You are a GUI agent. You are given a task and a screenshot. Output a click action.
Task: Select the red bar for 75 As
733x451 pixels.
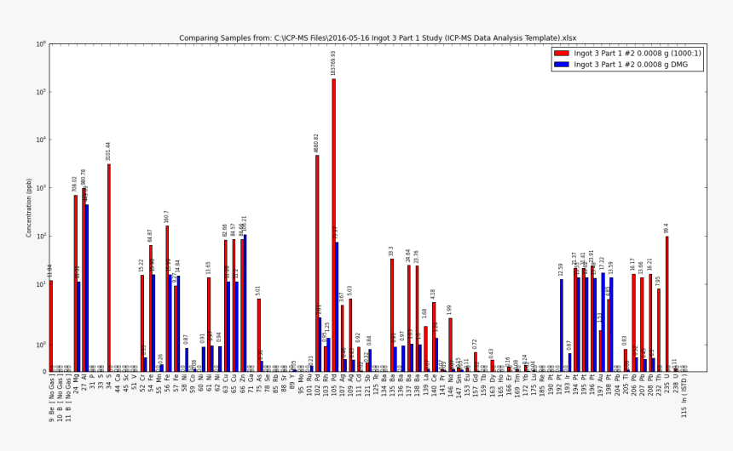pos(258,335)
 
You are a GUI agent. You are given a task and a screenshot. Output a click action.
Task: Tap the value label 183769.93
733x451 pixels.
pos(334,64)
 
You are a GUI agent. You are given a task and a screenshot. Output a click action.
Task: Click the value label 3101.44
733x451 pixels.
pos(109,151)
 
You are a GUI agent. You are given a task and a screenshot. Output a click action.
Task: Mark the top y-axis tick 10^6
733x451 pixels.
pos(41,44)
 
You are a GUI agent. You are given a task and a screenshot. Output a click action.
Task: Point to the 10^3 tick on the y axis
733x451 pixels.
pos(41,188)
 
